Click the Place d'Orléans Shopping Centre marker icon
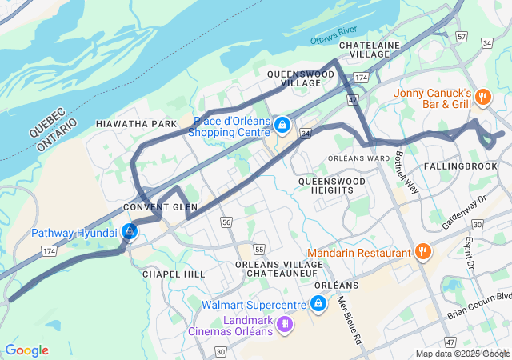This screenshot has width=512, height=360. coord(282,126)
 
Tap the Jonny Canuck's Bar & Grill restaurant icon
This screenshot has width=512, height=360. coord(482,97)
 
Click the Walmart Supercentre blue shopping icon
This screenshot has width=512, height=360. coord(318,304)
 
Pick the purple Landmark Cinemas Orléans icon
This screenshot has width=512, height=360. coord(284,324)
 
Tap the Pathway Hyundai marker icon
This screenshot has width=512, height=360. coord(130,232)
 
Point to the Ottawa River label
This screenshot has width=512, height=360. coord(334,36)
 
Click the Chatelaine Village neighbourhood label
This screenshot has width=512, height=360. coord(369,50)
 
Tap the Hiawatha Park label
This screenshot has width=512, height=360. coord(135,124)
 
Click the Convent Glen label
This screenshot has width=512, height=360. coord(160,207)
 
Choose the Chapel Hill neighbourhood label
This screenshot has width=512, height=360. coord(168,274)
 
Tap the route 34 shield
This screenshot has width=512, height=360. coord(306,134)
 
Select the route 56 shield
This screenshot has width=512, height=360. coord(227,222)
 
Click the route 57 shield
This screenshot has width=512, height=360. coord(461,37)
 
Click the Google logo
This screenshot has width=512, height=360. coord(26,350)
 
